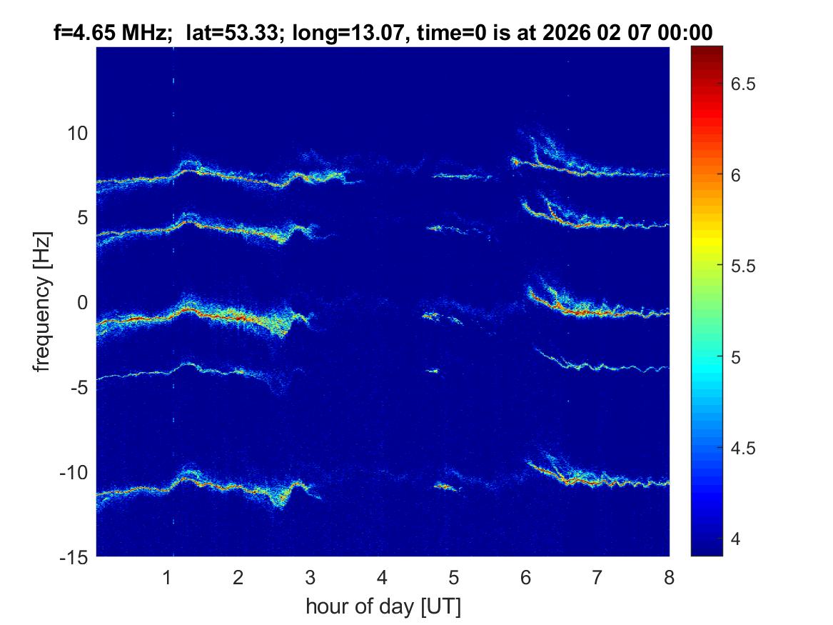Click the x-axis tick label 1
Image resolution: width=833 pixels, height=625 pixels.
pyautogui.click(x=167, y=577)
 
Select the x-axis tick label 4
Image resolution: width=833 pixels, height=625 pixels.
pyautogui.click(x=382, y=577)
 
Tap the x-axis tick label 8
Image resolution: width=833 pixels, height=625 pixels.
pyautogui.click(x=669, y=577)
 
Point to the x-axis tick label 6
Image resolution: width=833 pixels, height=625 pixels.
pyautogui.click(x=525, y=577)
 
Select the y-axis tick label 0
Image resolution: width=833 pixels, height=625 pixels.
pyautogui.click(x=81, y=303)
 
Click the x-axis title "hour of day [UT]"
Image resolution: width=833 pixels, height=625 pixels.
pyautogui.click(x=383, y=607)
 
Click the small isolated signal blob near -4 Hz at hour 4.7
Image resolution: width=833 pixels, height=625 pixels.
pyautogui.click(x=432, y=370)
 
